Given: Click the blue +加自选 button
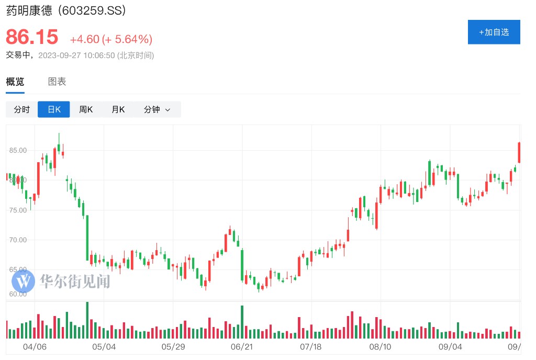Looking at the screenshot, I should pyautogui.click(x=494, y=32).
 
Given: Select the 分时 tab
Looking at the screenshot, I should pyautogui.click(x=22, y=109).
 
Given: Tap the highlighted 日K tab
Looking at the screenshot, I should pyautogui.click(x=54, y=109).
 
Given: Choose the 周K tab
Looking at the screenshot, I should pyautogui.click(x=86, y=109).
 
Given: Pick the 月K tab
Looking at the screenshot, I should pyautogui.click(x=118, y=109).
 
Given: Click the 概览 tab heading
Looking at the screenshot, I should pyautogui.click(x=15, y=82).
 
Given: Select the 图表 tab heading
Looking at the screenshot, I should pyautogui.click(x=57, y=82).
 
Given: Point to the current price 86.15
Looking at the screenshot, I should pyautogui.click(x=32, y=37).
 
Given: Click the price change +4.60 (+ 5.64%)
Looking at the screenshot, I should pyautogui.click(x=111, y=39).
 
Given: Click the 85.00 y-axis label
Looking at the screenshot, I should pyautogui.click(x=18, y=150).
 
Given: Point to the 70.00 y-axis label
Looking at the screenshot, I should pyautogui.click(x=18, y=240).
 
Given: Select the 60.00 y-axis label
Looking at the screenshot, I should pyautogui.click(x=18, y=294).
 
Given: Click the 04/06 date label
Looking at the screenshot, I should pyautogui.click(x=35, y=347).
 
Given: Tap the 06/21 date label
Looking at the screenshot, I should pyautogui.click(x=241, y=347).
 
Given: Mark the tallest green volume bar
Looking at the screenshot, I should pyautogui.click(x=87, y=320).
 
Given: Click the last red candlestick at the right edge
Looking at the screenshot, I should pyautogui.click(x=519, y=152).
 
